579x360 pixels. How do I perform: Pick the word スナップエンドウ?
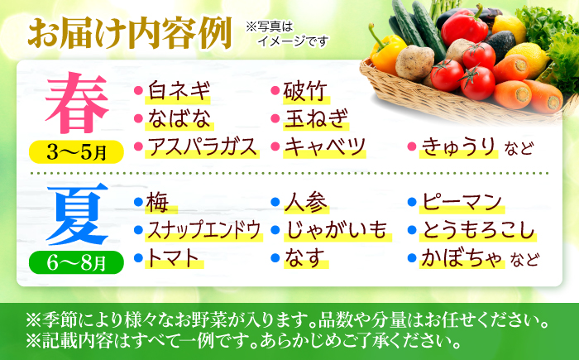coord(204,229)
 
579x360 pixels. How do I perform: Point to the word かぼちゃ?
coord(462,258)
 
